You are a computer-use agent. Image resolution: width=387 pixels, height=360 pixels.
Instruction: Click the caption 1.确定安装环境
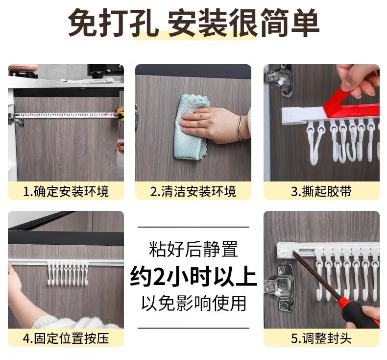[66, 191]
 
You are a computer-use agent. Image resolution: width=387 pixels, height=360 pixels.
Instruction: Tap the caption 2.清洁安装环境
[193, 191]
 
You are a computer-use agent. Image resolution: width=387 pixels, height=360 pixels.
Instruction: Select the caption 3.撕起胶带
[321, 191]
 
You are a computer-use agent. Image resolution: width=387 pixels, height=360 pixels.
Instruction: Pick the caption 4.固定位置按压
[66, 338]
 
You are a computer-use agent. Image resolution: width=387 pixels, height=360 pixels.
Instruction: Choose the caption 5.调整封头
[321, 338]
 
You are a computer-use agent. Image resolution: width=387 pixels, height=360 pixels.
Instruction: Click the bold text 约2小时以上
[193, 277]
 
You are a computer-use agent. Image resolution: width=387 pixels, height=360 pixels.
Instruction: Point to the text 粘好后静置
[193, 249]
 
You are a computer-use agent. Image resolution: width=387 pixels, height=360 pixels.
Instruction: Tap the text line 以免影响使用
[193, 303]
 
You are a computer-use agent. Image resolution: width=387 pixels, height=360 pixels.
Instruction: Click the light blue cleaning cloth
[191, 127]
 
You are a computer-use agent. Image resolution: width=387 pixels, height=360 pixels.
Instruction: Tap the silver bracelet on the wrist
[240, 128]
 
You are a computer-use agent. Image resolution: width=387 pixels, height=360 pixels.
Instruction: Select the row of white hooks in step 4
[68, 273]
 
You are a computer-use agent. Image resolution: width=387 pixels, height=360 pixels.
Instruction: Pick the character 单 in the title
[305, 23]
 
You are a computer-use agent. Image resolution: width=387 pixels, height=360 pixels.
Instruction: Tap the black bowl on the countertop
[98, 75]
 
